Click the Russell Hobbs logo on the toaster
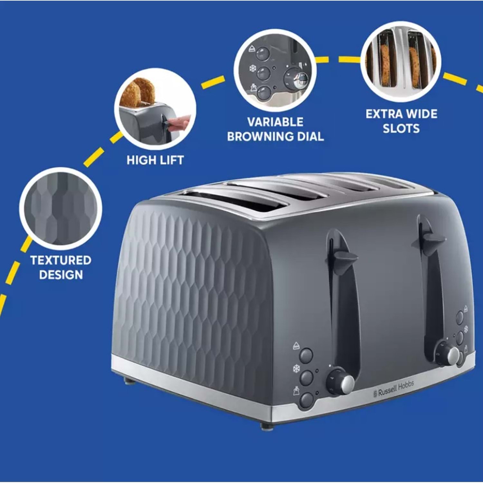pos(393,389)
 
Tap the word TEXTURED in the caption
pos(61,260)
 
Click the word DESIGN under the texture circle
pos(61,275)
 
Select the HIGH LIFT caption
pos(155,160)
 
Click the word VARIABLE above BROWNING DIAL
pos(275,122)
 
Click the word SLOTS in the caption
pos(401,128)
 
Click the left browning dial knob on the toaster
pos(341,382)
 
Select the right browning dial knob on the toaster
pos(449,355)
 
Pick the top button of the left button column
pos(306,355)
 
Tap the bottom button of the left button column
pos(307,400)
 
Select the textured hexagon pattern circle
pos(61,209)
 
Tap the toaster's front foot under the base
pos(266,427)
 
